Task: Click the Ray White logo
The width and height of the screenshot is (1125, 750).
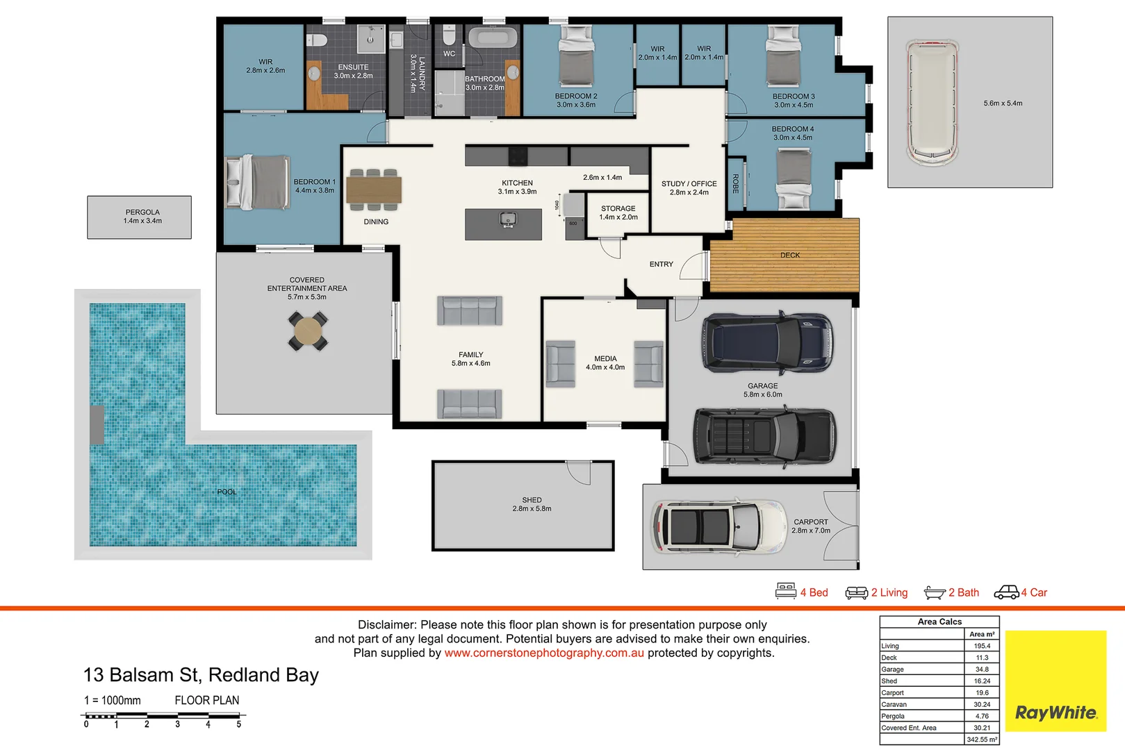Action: pyautogui.click(x=1056, y=712)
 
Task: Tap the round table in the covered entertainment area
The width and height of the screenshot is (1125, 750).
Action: pyautogui.click(x=308, y=331)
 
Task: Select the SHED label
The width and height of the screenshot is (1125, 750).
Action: pyautogui.click(x=532, y=500)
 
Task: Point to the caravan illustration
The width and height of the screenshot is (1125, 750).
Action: pyautogui.click(x=932, y=103)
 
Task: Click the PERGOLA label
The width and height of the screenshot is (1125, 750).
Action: pyautogui.click(x=142, y=212)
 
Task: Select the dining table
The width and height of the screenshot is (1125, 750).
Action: pyautogui.click(x=374, y=189)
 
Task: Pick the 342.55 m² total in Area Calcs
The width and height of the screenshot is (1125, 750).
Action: pyautogui.click(x=981, y=740)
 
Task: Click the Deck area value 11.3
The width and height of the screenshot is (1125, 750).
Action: pyautogui.click(x=982, y=658)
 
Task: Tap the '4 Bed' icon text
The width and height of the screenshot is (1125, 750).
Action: pyautogui.click(x=814, y=592)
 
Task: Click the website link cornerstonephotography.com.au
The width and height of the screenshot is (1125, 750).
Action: pyautogui.click(x=544, y=653)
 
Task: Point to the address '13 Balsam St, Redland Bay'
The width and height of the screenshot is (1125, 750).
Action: pyautogui.click(x=201, y=675)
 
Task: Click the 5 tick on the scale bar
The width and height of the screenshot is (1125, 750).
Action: pyautogui.click(x=238, y=724)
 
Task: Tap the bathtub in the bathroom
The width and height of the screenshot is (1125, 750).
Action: pyautogui.click(x=492, y=37)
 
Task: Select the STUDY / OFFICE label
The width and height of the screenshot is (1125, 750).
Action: pyautogui.click(x=689, y=184)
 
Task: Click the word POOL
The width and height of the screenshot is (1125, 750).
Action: pyautogui.click(x=227, y=492)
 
